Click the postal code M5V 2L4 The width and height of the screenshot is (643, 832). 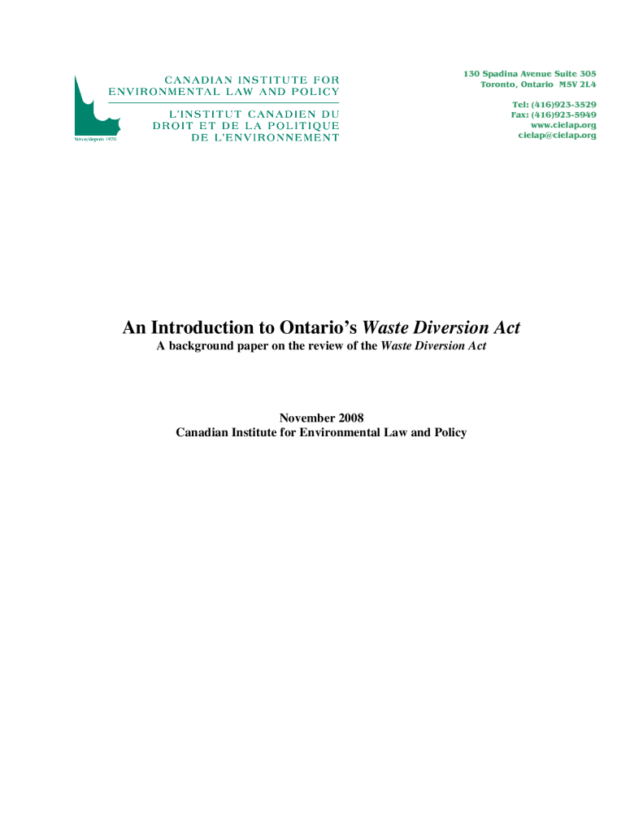pyautogui.click(x=576, y=84)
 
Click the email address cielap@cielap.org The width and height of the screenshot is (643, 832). pyautogui.click(x=557, y=135)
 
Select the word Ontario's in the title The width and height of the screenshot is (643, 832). pyautogui.click(x=318, y=328)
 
